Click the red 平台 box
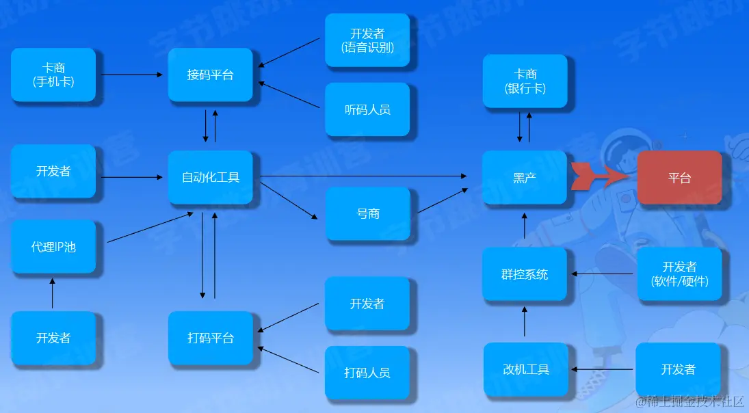pyautogui.click(x=679, y=178)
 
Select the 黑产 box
pyautogui.click(x=525, y=178)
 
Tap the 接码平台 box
pyautogui.click(x=210, y=75)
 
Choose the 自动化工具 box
pyautogui.click(x=210, y=178)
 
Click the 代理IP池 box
pyautogui.click(x=53, y=247)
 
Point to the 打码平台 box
pyautogui.click(x=210, y=338)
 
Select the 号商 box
pyautogui.click(x=367, y=213)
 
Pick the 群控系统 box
pyautogui.click(x=525, y=274)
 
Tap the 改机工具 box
pyautogui.click(x=525, y=369)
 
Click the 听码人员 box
pyautogui.click(x=367, y=109)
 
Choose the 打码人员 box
pyautogui.click(x=367, y=373)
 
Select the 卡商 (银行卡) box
pyautogui.click(x=525, y=81)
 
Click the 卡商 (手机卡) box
pyautogui.click(x=53, y=75)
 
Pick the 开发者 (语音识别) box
pyautogui.click(x=367, y=40)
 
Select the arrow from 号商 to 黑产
pyautogui.click(x=443, y=200)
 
